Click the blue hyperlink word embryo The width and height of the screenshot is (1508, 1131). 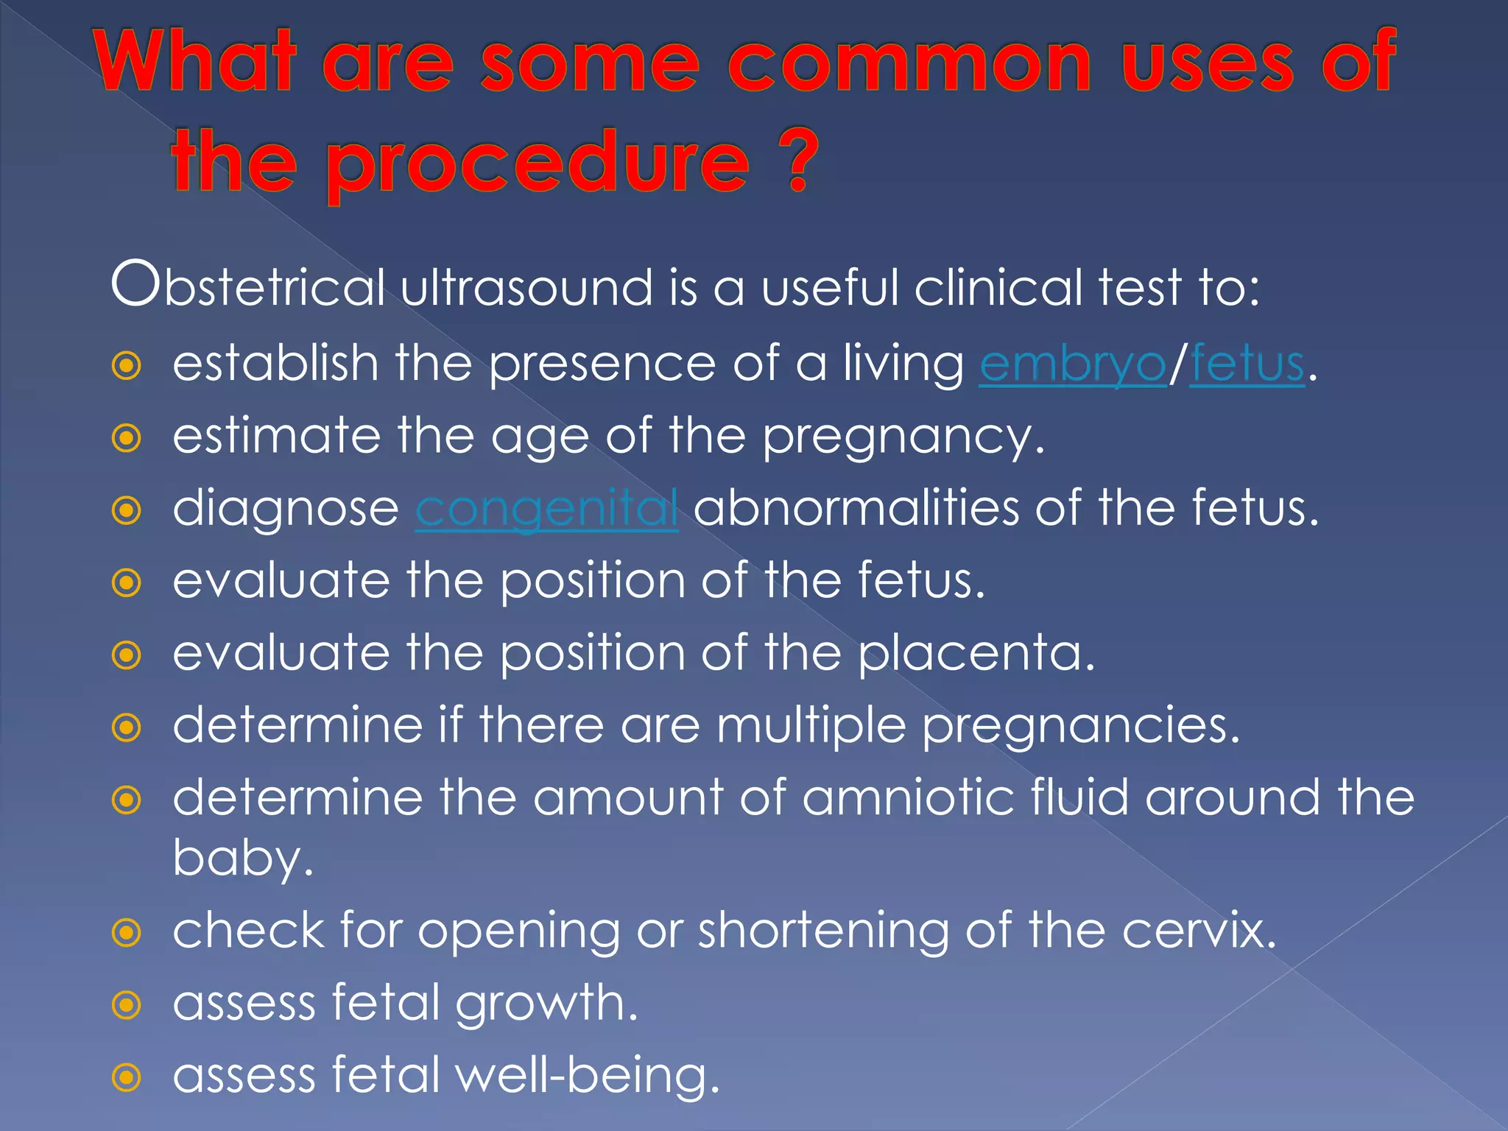[x=1072, y=364]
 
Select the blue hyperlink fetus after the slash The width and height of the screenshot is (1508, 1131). [x=1247, y=364]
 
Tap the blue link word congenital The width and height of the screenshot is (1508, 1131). [x=546, y=510]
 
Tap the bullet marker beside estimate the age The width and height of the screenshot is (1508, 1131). [x=127, y=438]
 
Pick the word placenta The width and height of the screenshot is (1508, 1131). [x=976, y=654]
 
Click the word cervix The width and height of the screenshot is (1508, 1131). [x=1197, y=931]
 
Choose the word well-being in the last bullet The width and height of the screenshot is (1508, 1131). [x=585, y=1076]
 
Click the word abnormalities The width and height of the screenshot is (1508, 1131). [x=855, y=508]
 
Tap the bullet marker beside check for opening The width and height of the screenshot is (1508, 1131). [x=127, y=933]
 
